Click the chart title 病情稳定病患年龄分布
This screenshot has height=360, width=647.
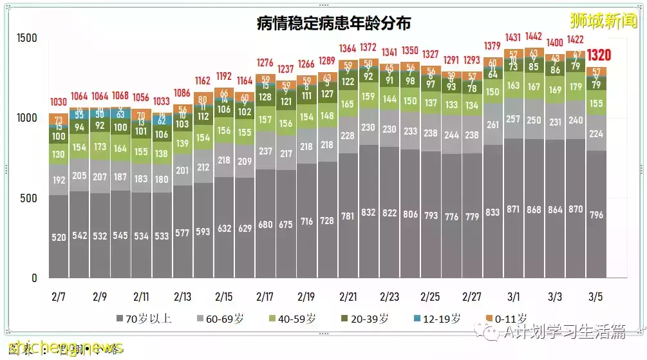[x=333, y=24]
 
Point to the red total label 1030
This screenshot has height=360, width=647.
[x=59, y=102]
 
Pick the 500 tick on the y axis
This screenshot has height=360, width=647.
[x=28, y=198]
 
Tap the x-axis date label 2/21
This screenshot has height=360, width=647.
[x=348, y=297]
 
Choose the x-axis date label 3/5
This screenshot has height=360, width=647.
[x=596, y=297]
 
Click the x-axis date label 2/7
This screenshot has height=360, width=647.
[x=59, y=297]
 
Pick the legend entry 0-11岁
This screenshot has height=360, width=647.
[x=506, y=318]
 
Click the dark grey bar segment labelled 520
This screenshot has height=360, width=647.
[x=59, y=237]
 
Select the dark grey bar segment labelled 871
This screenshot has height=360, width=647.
[x=513, y=209]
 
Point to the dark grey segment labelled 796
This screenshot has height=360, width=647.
[x=596, y=214]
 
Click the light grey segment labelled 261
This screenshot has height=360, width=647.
[x=492, y=125]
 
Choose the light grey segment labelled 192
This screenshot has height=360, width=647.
[x=59, y=181]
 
